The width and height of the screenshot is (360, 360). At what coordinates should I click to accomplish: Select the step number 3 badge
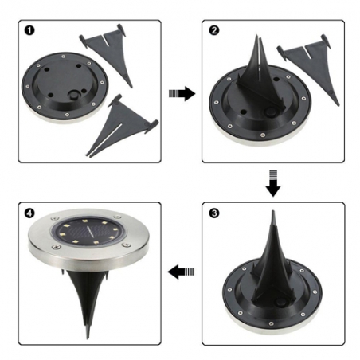tap(211, 213)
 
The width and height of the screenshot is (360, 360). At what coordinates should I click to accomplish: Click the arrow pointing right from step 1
tap(182, 95)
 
